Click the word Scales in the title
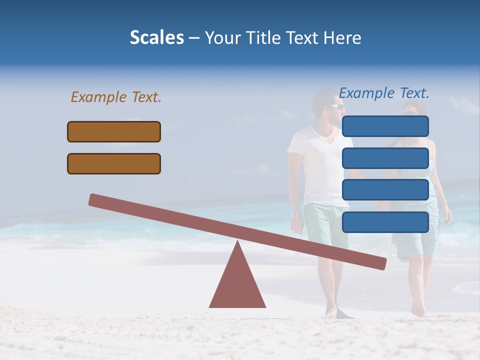point(156,37)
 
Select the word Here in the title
point(342,37)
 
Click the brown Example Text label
point(116,97)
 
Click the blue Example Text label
point(384,93)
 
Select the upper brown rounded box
point(114,131)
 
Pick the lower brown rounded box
point(114,163)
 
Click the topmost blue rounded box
point(385,126)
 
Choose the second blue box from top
point(385,158)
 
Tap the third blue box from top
point(385,189)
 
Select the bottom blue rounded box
point(385,221)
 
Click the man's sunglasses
point(336,106)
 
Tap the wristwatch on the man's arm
point(295,214)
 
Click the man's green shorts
point(320,225)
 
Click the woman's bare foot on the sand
point(417,311)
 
